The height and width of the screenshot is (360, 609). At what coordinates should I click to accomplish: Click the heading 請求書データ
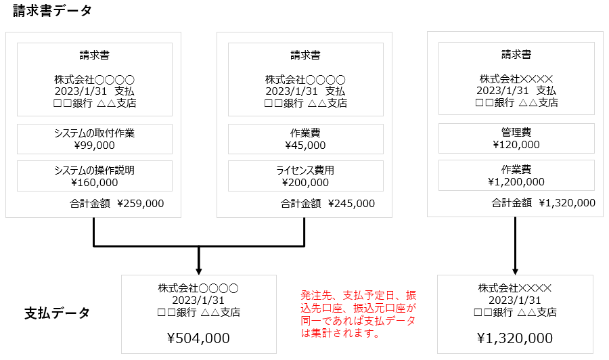[52, 10]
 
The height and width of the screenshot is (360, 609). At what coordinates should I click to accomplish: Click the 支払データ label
[57, 313]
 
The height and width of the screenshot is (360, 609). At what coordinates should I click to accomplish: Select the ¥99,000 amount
[94, 145]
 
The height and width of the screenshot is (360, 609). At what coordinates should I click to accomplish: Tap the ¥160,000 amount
[94, 183]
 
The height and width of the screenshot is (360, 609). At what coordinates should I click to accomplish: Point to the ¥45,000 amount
[305, 145]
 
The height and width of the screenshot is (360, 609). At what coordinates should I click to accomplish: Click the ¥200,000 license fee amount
[305, 183]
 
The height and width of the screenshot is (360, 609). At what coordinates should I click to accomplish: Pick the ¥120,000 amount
[516, 144]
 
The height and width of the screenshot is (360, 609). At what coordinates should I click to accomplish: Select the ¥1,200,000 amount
[516, 182]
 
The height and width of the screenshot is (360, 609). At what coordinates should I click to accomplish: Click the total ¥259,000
[140, 204]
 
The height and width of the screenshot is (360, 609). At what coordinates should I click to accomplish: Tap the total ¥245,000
[351, 204]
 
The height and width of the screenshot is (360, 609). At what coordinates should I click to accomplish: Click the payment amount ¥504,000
[198, 338]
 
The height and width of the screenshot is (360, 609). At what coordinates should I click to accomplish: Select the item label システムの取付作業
[94, 133]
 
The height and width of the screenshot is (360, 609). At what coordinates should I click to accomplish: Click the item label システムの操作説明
[94, 170]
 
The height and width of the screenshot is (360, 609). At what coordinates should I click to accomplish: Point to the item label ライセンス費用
[305, 170]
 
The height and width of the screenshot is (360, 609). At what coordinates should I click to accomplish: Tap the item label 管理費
[516, 133]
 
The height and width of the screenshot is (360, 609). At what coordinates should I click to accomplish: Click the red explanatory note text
[358, 314]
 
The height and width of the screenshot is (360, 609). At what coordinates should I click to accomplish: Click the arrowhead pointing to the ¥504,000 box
[199, 271]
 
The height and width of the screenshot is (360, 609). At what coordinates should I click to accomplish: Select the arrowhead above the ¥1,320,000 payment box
[516, 271]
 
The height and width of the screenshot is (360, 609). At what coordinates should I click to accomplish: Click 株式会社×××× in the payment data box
[515, 288]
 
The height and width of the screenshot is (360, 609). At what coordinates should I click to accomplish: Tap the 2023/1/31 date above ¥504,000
[198, 300]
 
